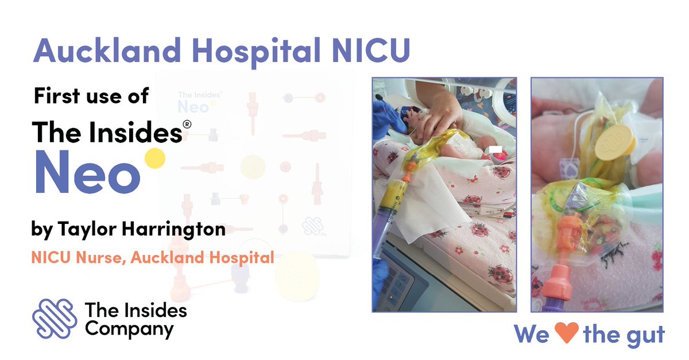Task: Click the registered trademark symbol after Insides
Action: (187, 124)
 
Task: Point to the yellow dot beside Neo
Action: (153, 158)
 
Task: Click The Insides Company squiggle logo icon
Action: (55, 319)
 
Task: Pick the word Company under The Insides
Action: (129, 329)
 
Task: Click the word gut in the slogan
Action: (643, 334)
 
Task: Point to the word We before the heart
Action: (532, 334)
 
